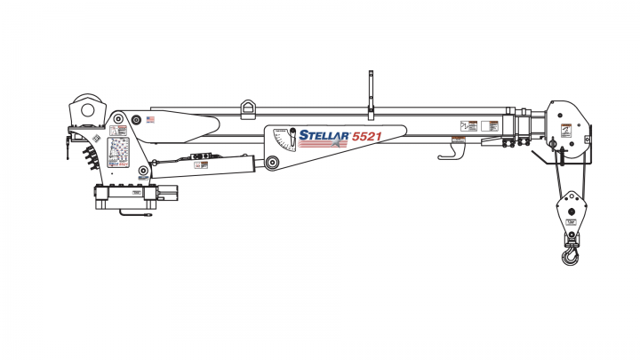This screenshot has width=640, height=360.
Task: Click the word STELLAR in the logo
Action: (x=324, y=135)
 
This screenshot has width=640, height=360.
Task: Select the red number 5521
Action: (x=368, y=137)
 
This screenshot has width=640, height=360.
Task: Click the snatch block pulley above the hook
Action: (x=568, y=215)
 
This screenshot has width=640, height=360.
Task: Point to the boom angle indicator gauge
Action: (x=284, y=140)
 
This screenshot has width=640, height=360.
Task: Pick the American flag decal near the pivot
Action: (x=150, y=119)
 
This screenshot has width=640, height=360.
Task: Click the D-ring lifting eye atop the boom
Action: (x=248, y=108)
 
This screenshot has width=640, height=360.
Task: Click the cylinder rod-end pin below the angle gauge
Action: (x=271, y=164)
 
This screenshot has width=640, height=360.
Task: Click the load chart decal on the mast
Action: (x=118, y=153)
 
